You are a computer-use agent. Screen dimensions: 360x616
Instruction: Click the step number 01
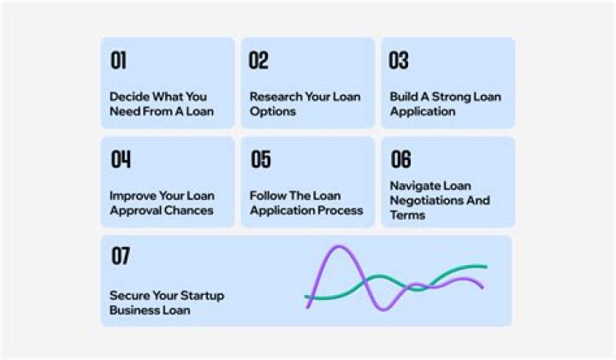(x=118, y=61)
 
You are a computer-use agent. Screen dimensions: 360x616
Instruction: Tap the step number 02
(x=258, y=61)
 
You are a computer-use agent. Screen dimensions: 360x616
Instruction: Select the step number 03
(x=399, y=61)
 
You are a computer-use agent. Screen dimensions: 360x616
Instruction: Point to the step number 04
(x=121, y=159)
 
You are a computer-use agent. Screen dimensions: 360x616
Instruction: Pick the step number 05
(x=260, y=159)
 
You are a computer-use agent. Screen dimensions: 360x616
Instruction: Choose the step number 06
(x=400, y=159)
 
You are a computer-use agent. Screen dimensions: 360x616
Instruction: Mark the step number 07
(x=120, y=256)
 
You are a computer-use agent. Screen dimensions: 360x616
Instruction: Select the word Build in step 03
(x=404, y=97)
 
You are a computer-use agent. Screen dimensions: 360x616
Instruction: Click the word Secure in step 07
(x=129, y=296)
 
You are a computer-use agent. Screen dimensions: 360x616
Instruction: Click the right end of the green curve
(x=486, y=267)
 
